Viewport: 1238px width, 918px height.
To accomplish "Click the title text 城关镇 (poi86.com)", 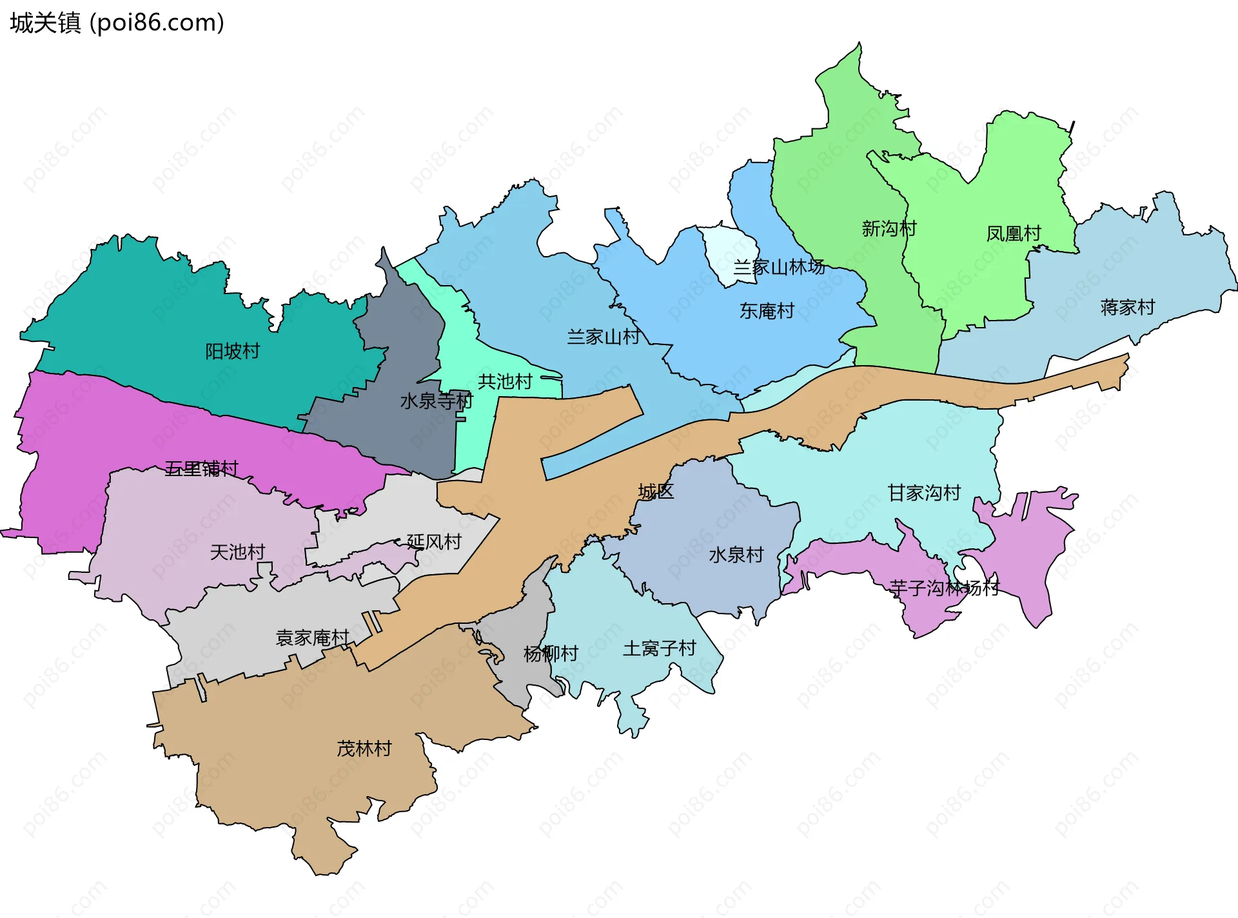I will point(117,23).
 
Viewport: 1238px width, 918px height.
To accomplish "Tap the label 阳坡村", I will point(232,351).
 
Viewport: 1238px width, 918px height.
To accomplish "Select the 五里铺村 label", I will point(201,468).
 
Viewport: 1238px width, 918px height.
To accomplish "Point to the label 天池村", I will point(237,552).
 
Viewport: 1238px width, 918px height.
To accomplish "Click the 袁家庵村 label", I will point(312,637).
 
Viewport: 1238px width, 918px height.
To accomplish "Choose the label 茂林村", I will point(364,748).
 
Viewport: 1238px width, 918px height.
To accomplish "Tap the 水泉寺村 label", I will point(437,401).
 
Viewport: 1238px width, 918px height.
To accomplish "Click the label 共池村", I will point(505,381).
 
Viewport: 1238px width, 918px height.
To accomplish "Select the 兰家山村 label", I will point(604,336).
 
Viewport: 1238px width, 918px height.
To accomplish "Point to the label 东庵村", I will point(767,310).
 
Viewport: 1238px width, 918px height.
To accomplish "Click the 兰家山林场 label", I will point(779,266).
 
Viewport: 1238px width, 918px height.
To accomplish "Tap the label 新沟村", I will point(889,228).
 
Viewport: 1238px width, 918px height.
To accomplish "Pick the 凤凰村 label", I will point(1014,233).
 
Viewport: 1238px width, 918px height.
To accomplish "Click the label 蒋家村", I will point(1127,307).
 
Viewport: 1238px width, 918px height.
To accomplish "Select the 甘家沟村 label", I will point(924,492).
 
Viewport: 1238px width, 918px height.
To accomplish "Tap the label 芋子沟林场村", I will point(944,588).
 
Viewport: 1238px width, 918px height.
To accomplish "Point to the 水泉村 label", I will point(736,554).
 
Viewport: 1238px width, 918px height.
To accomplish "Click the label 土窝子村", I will point(659,648).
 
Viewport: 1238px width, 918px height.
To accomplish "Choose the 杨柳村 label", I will point(551,654).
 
